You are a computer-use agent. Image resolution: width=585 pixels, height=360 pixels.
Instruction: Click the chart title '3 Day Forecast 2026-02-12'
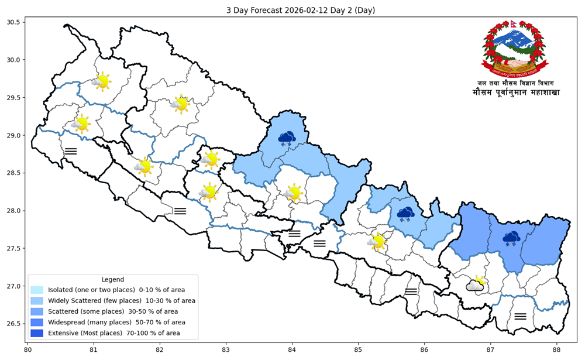pyautogui.click(x=301, y=10)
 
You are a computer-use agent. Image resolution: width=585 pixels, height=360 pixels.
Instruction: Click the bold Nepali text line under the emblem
pyautogui.click(x=515, y=92)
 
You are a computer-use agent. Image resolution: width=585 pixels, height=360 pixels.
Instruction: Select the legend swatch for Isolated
pyautogui.click(x=37, y=290)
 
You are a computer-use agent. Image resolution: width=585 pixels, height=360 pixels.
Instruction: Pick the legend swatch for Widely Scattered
pyautogui.click(x=37, y=300)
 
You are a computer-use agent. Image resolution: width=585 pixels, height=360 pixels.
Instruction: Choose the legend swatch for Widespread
pyautogui.click(x=37, y=322)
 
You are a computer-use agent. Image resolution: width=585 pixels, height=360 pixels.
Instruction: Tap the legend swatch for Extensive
pyautogui.click(x=37, y=332)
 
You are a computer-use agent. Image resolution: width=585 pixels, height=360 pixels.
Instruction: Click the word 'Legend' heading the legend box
pyautogui.click(x=113, y=279)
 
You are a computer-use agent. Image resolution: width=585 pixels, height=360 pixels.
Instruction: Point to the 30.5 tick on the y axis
pyautogui.click(x=13, y=22)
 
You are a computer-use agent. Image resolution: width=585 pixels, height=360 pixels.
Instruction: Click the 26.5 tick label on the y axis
pyautogui.click(x=13, y=324)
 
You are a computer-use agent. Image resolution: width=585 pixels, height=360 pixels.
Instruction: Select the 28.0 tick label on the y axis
pyautogui.click(x=13, y=211)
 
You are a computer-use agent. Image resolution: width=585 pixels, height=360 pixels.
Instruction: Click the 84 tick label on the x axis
pyautogui.click(x=292, y=350)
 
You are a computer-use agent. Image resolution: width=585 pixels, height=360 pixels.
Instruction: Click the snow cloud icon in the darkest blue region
pyautogui.click(x=511, y=237)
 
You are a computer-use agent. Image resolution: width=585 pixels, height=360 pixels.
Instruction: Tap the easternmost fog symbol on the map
pyautogui.click(x=520, y=316)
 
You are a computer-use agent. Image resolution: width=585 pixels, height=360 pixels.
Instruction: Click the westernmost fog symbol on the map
pyautogui.click(x=71, y=151)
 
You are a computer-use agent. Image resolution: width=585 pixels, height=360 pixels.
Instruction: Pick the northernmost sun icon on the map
pyautogui.click(x=101, y=81)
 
